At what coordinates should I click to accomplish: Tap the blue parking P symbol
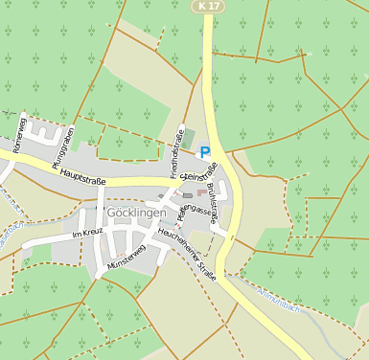pos(204,151)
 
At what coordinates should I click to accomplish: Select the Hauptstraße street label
pos(81,176)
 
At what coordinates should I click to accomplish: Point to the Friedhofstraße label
pos(174,154)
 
